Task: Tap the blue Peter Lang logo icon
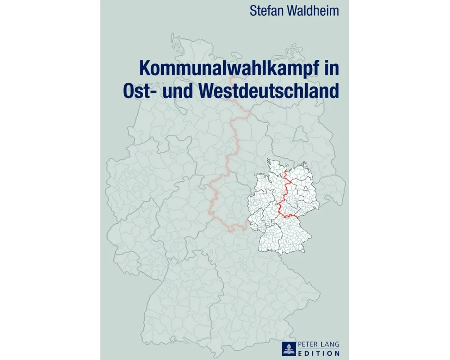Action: pos(288,348)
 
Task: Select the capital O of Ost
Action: pos(130,90)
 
